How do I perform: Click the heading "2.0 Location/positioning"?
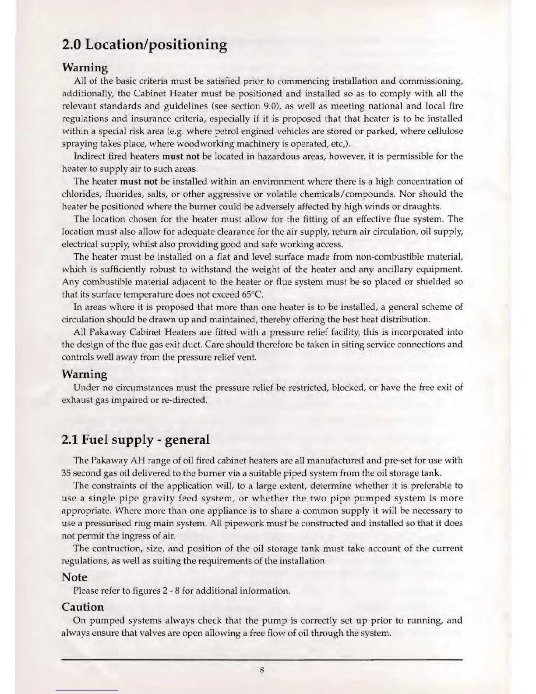click(x=145, y=45)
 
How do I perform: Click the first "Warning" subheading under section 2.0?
click(x=85, y=68)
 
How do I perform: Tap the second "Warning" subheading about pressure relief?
click(x=85, y=375)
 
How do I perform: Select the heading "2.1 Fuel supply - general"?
click(x=136, y=439)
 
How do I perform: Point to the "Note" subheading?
click(x=74, y=577)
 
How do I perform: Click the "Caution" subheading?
click(x=83, y=607)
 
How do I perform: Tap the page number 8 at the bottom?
click(x=261, y=670)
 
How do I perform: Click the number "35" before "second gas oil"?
click(x=66, y=474)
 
